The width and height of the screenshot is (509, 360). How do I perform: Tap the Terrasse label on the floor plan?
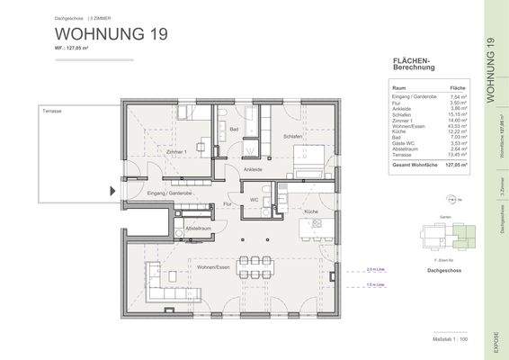click(50, 110)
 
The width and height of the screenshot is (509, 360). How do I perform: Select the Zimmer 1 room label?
click(176, 152)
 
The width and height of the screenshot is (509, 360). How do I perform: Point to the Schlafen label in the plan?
click(292, 136)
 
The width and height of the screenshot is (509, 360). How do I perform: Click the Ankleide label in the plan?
click(253, 169)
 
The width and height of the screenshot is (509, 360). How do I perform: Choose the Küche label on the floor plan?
click(311, 211)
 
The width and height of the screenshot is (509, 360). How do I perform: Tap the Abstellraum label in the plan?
click(198, 228)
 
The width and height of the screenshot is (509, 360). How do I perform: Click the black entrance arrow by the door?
click(112, 191)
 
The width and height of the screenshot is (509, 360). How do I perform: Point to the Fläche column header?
click(457, 87)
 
